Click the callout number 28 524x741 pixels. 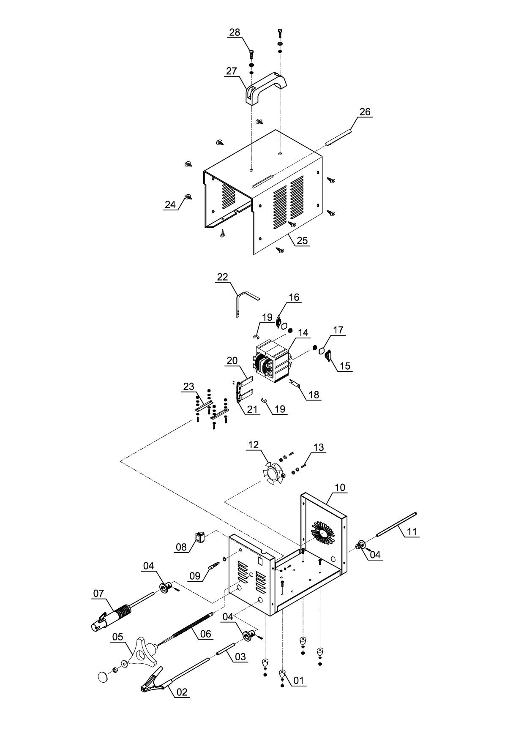pyautogui.click(x=235, y=33)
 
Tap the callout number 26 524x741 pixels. pyautogui.click(x=365, y=112)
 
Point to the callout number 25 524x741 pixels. pyautogui.click(x=302, y=241)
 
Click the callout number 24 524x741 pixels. pyautogui.click(x=170, y=205)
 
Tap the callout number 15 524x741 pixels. pyautogui.click(x=345, y=366)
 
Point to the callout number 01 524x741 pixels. pyautogui.click(x=298, y=681)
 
